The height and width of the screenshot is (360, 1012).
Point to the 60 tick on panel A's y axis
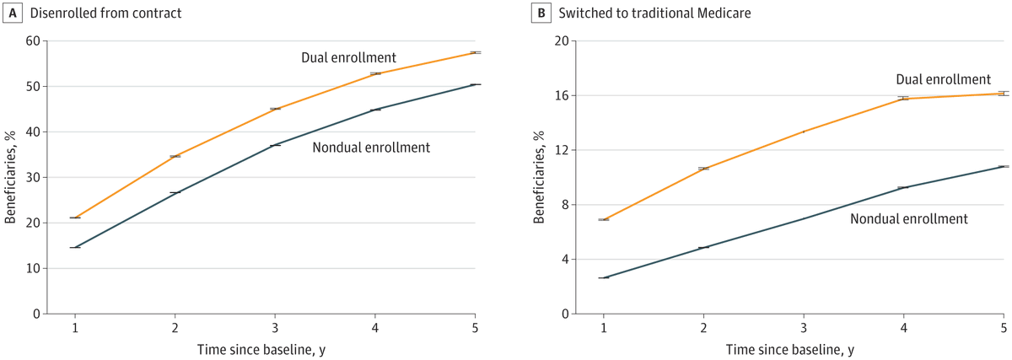33,40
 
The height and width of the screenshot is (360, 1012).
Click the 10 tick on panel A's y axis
33,268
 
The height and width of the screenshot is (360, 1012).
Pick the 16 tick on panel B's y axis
561,95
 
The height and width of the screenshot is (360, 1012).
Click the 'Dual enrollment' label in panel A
348,57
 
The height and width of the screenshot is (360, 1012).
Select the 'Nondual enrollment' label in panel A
371,148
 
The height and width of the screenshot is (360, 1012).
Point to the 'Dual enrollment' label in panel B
943,78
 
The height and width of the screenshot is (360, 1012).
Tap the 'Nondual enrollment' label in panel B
908,218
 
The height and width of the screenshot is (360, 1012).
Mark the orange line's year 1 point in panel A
75,218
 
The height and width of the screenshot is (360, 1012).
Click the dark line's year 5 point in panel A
475,84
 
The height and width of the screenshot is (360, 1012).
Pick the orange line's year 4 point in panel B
903,99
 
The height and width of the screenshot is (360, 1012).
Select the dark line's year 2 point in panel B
703,247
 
